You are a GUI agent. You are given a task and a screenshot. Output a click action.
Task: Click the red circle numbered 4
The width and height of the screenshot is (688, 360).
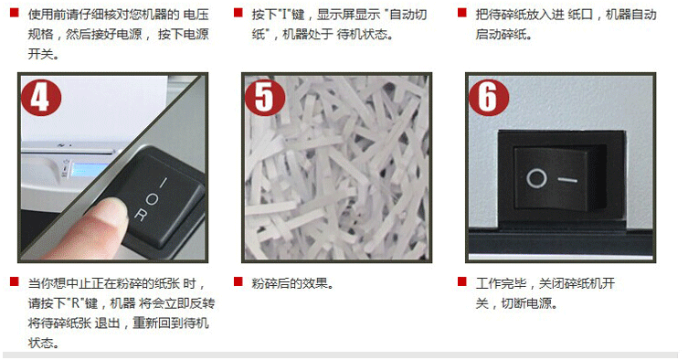(41, 97)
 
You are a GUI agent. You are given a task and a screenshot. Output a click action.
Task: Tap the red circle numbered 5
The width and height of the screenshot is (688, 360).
(265, 97)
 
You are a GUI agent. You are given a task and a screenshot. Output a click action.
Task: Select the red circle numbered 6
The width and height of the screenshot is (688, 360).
(489, 97)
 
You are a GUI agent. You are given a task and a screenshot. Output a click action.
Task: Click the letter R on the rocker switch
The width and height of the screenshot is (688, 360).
(141, 215)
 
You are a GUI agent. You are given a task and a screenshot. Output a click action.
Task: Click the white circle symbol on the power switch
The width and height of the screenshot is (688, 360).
(536, 179)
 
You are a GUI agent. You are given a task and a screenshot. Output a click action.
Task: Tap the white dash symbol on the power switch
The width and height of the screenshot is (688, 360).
(567, 179)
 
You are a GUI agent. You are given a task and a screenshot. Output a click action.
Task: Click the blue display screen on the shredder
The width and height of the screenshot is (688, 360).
(90, 170)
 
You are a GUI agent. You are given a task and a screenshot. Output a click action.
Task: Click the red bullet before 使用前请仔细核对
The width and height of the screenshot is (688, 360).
(15, 12)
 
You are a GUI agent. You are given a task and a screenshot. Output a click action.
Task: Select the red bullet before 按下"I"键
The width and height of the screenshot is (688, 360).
(238, 12)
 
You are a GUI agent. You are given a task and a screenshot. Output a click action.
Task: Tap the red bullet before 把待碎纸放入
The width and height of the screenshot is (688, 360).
(462, 12)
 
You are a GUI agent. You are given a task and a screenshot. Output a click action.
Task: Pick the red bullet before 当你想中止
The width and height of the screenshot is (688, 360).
(15, 281)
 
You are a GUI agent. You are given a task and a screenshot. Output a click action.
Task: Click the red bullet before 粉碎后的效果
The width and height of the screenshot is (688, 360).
(238, 281)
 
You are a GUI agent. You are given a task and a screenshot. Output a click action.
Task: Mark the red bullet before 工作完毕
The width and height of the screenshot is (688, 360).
(462, 281)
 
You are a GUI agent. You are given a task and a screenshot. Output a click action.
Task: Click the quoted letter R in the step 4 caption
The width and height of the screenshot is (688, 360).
(74, 303)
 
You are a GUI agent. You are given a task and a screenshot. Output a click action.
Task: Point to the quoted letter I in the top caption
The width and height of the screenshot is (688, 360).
(289, 15)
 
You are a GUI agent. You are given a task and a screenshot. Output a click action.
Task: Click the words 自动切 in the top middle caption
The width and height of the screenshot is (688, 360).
(408, 15)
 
